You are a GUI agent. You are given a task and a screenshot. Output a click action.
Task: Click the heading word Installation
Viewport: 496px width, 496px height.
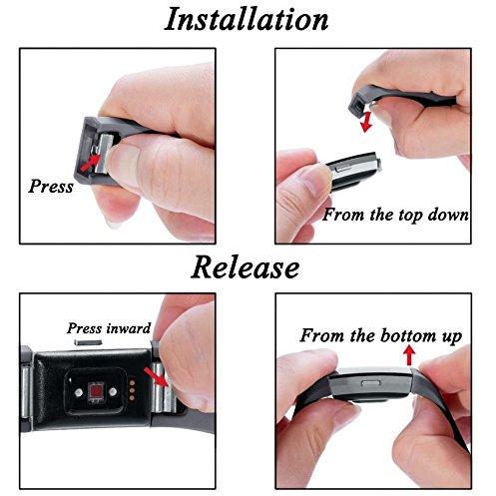247,19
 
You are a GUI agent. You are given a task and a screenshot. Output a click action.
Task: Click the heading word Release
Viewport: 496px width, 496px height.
246,267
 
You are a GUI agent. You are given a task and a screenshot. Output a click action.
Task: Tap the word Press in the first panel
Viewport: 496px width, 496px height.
51,186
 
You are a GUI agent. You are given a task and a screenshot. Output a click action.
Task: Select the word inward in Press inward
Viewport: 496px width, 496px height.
128,328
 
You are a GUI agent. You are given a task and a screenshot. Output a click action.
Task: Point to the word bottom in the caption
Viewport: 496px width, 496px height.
409,335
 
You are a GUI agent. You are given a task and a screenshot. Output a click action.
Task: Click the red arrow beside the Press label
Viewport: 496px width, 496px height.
90,162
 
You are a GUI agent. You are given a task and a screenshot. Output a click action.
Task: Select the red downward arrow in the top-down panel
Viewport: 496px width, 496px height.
366,122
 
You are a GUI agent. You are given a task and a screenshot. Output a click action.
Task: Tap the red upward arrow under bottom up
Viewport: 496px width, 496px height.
409,355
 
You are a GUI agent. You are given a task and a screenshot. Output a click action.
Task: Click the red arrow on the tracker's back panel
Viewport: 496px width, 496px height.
156,377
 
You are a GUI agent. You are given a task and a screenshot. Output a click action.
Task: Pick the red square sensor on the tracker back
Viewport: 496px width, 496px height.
96,391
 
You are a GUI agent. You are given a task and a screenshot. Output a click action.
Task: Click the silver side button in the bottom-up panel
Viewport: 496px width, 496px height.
371,383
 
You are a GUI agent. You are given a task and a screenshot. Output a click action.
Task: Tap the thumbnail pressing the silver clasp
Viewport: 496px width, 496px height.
123,158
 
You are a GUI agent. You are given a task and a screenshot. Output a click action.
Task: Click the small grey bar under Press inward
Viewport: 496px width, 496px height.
88,342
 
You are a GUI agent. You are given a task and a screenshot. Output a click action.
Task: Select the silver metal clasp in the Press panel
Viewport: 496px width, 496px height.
104,153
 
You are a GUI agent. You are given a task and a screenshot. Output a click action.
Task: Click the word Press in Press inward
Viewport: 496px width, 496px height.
85,328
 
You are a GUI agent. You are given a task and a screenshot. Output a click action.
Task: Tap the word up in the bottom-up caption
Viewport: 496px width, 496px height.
452,336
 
